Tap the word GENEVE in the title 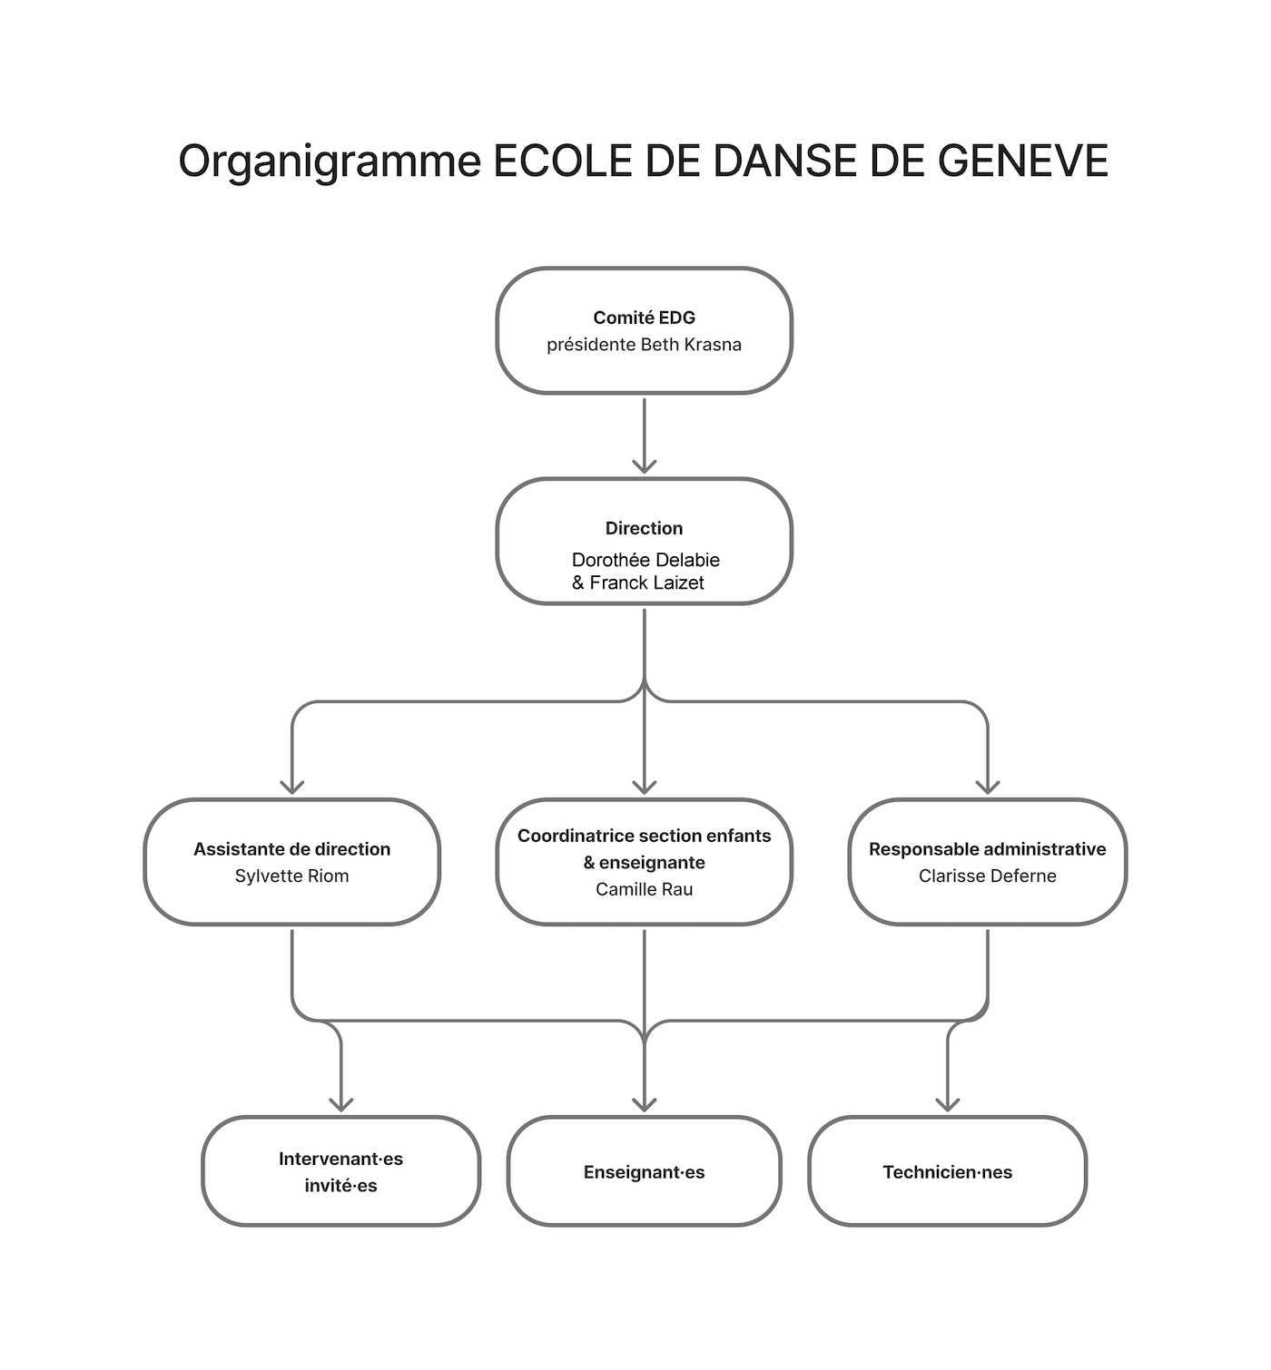pyautogui.click(x=1022, y=161)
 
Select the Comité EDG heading pyautogui.click(x=645, y=318)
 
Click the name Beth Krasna pyautogui.click(x=691, y=344)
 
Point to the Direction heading pyautogui.click(x=645, y=528)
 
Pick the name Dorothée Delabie pyautogui.click(x=645, y=560)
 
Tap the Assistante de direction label pyautogui.click(x=292, y=849)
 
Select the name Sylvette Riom pyautogui.click(x=292, y=876)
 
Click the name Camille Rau pyautogui.click(x=645, y=889)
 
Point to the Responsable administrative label pyautogui.click(x=987, y=849)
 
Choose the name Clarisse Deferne pyautogui.click(x=987, y=876)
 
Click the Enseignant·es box pyautogui.click(x=645, y=1173)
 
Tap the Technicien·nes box pyautogui.click(x=947, y=1173)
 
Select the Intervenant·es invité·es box pyautogui.click(x=341, y=1173)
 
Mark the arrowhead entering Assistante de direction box pyautogui.click(x=292, y=787)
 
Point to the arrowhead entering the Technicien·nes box pyautogui.click(x=947, y=1104)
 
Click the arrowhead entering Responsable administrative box pyautogui.click(x=988, y=787)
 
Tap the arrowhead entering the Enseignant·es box pyautogui.click(x=645, y=1104)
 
